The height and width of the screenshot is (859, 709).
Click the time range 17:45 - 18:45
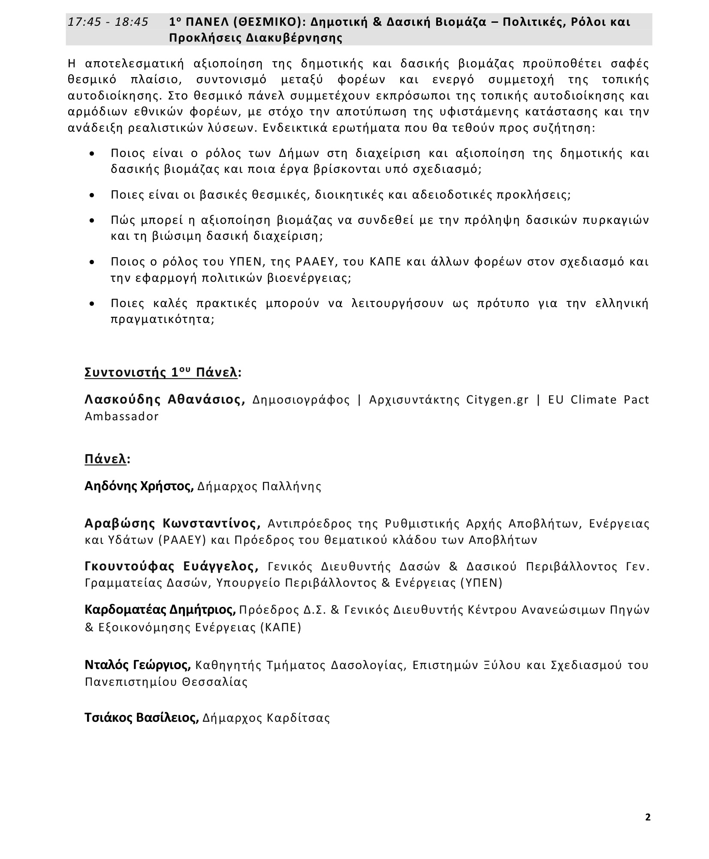click(108, 22)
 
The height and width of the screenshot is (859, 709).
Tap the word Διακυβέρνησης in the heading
click(298, 38)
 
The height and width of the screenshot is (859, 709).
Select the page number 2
click(648, 817)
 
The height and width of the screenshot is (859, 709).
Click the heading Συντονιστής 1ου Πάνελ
click(161, 372)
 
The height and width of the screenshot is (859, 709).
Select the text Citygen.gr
click(497, 400)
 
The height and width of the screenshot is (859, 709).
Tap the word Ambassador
click(122, 416)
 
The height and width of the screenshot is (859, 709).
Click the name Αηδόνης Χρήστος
click(139, 486)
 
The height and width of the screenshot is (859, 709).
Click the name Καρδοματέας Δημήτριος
click(160, 609)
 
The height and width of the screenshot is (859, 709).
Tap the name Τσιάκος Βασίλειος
click(142, 717)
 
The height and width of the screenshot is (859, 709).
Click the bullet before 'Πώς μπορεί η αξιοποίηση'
click(92, 221)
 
